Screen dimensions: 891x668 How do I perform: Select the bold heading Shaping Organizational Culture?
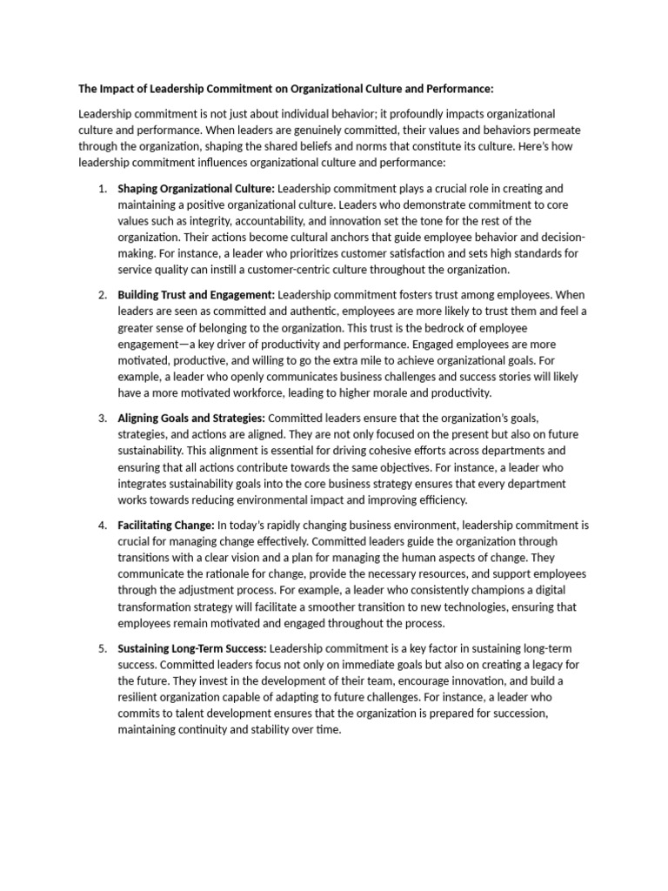pos(196,188)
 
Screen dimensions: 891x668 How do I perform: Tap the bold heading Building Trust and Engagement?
pos(196,296)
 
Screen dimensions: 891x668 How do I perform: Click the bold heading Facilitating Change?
pos(165,526)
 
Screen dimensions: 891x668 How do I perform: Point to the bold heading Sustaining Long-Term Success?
pos(192,648)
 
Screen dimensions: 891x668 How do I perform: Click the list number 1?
pos(101,188)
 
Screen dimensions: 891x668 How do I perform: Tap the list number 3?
pos(101,419)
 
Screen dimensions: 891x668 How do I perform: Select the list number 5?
pos(101,648)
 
